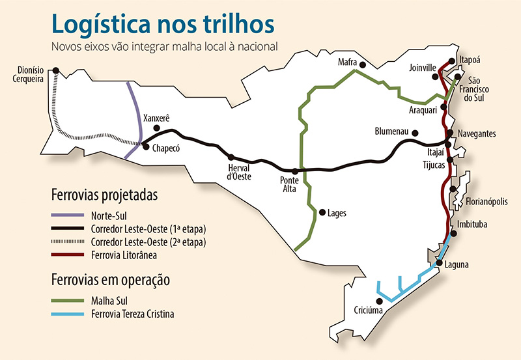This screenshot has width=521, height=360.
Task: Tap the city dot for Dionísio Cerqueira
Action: (56, 70)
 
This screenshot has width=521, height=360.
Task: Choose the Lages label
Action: (337, 213)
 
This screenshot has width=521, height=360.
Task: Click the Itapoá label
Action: (472, 59)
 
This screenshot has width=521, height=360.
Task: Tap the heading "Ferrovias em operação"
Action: (111, 281)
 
